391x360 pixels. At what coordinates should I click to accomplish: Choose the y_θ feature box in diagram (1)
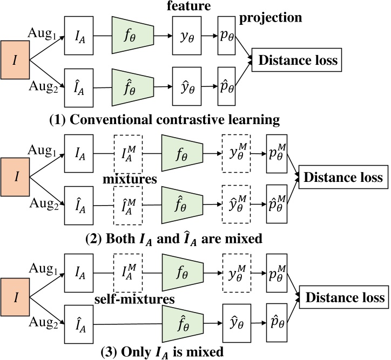click(x=190, y=39)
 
